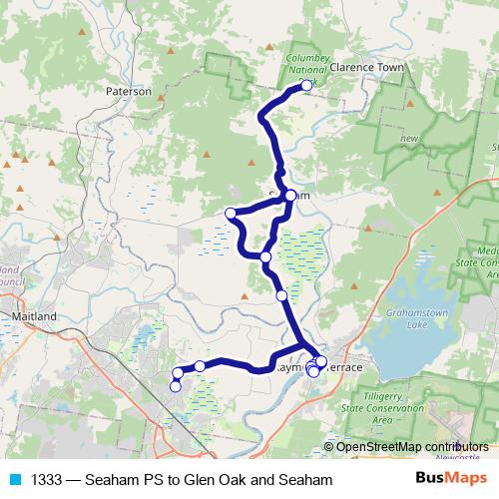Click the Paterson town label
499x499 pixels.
coord(129,90)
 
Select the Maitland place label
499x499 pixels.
coord(33,316)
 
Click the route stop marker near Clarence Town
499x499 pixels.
coord(306,86)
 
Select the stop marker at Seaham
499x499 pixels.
coord(289,196)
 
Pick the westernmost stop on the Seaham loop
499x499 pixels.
coord(231,213)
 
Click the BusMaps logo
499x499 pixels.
coord(445,479)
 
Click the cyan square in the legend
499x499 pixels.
coord(14,480)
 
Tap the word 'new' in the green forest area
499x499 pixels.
coord(408,139)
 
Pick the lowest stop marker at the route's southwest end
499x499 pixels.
coord(176,386)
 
